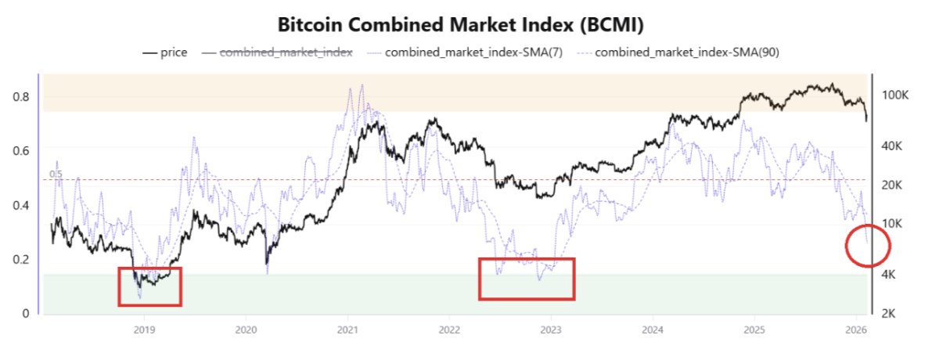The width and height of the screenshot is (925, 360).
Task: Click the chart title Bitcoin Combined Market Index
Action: pos(461,25)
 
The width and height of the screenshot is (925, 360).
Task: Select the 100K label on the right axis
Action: pos(894,95)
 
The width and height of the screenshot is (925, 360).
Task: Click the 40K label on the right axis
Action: pos(894,146)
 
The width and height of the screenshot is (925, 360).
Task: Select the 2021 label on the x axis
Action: pos(347,329)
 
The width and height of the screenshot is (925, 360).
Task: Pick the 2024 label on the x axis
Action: pos(653,329)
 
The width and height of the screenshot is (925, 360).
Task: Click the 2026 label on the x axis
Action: pos(856,329)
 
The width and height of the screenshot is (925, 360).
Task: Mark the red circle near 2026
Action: pos(869,245)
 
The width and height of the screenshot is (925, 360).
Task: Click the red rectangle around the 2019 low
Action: pos(149,286)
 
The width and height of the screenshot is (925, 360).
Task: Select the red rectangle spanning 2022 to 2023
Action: pos(527,279)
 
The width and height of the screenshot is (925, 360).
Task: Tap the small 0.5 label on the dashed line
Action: pos(55,174)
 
